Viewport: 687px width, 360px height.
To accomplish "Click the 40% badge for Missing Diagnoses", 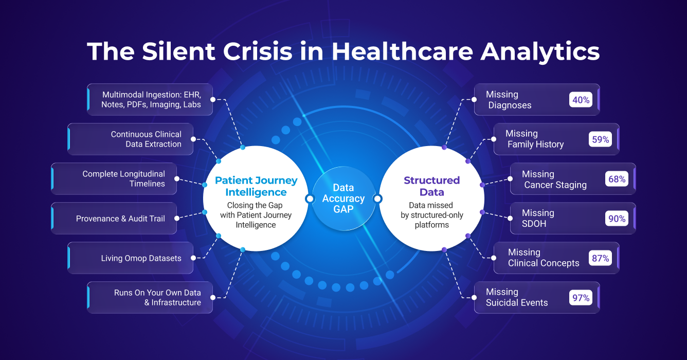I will point(581,100).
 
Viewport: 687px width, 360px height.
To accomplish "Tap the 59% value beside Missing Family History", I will point(600,139).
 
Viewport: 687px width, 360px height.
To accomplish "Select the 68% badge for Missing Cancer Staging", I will point(617,179).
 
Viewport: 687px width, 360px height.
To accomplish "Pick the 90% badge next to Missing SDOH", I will point(617,219).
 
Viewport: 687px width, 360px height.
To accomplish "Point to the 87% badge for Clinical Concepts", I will point(600,258).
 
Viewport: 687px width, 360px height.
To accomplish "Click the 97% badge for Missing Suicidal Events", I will point(581,297).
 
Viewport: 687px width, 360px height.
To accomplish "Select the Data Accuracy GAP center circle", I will point(343,199).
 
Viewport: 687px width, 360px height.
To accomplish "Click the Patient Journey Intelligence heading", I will point(256,186).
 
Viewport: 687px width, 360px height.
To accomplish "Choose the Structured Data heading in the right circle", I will point(431,186).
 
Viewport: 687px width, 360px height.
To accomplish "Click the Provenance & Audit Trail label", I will point(120,219).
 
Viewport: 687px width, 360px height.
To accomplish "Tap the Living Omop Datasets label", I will point(141,258).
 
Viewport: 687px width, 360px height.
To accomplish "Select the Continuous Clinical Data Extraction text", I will point(146,139).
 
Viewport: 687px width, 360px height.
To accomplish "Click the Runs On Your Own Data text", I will point(157,297).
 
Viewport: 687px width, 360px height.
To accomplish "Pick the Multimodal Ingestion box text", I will point(151,100).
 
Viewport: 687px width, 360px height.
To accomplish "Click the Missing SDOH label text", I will point(538,219).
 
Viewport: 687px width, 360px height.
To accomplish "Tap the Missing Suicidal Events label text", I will point(516,297).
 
